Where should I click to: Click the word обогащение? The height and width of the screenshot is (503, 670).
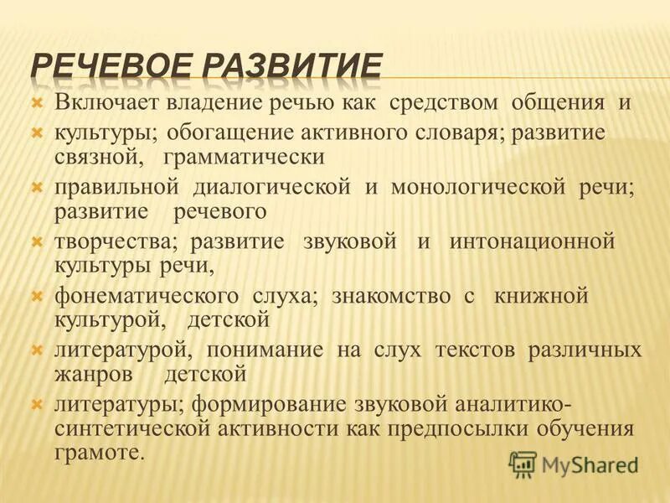point(220,132)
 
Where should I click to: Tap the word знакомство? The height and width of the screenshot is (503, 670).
point(384,296)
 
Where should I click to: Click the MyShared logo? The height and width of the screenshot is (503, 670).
point(574,464)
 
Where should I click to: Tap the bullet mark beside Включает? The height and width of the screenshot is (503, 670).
point(36,103)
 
